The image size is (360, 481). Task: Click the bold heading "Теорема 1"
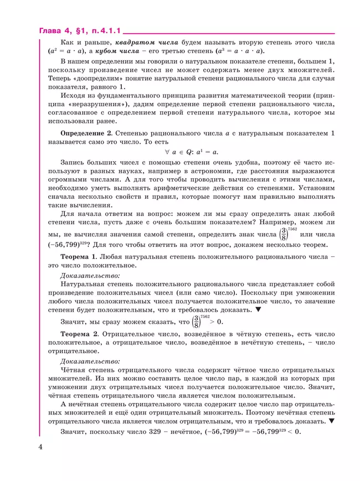pos(79,257)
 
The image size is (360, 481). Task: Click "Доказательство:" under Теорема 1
pos(89,275)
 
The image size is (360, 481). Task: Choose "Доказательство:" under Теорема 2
pos(89,362)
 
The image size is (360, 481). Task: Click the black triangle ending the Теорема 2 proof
pos(331,421)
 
